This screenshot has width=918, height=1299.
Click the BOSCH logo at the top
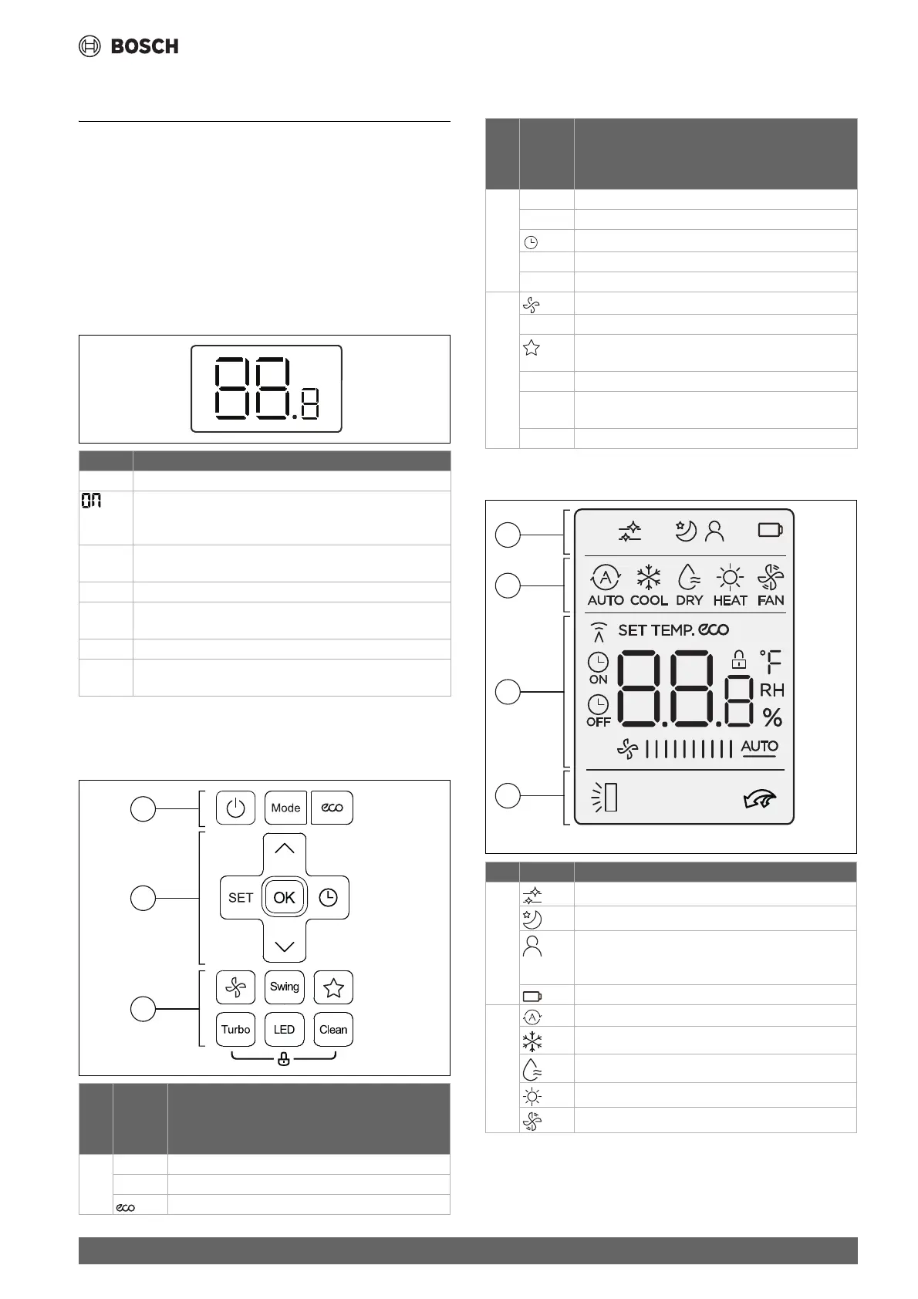[129, 46]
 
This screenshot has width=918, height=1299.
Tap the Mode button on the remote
[285, 808]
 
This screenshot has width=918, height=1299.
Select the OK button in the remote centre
[284, 897]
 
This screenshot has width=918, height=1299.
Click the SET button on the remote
[240, 897]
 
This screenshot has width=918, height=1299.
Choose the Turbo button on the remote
[235, 1029]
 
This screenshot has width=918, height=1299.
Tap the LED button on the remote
[284, 1029]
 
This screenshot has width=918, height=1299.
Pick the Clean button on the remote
[333, 1029]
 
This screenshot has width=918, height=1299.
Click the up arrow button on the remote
[284, 849]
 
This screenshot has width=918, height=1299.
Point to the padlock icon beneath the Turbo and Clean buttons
[284, 1060]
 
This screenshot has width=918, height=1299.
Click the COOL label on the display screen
[649, 600]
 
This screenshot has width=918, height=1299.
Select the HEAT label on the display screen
[730, 600]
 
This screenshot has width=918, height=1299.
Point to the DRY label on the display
[689, 600]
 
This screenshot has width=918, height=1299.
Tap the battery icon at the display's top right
[769, 530]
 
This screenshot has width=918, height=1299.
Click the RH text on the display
[771, 690]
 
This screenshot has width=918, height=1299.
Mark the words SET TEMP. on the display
[655, 630]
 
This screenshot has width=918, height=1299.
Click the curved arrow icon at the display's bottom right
[757, 800]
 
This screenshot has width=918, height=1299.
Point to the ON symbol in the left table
[91, 501]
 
